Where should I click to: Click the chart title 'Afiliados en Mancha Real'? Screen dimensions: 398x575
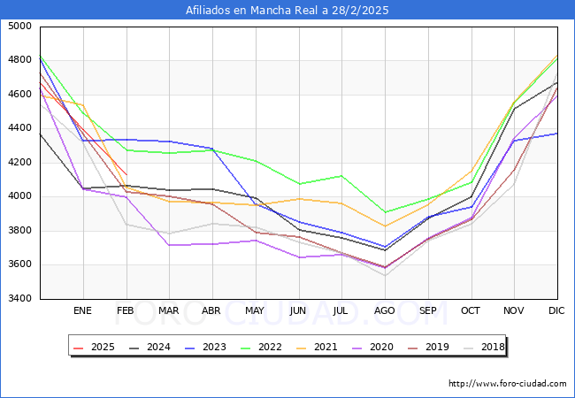[x=287, y=11]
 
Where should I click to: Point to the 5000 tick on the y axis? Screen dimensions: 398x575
[x=20, y=27]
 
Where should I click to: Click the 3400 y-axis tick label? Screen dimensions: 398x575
[x=20, y=299]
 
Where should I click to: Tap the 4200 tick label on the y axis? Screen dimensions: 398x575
[x=20, y=163]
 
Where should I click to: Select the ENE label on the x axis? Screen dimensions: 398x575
[x=82, y=310]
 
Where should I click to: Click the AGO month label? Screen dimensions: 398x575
[x=385, y=310]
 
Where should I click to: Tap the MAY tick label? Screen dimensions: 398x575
[x=255, y=310]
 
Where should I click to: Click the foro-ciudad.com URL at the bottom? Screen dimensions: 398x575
[x=507, y=384]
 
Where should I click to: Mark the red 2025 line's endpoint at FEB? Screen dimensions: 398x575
[x=126, y=174]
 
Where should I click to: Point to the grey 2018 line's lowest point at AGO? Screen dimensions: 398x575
[x=385, y=275]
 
